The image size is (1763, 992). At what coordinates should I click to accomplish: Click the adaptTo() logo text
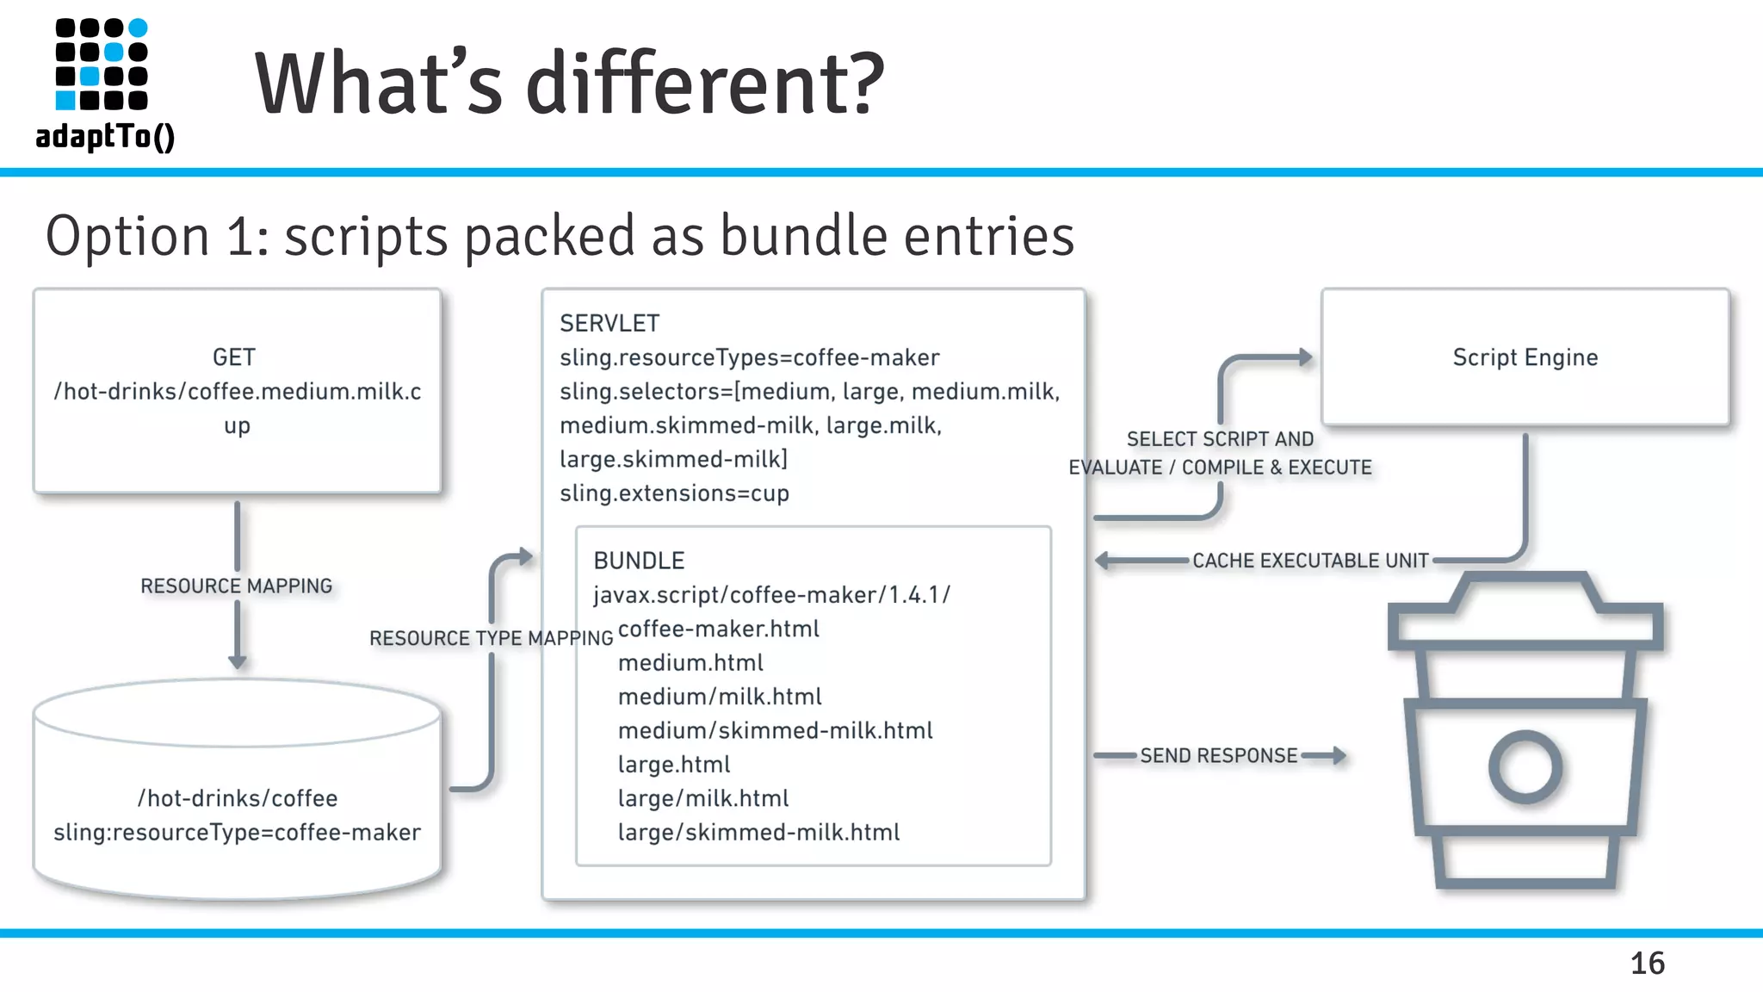click(x=105, y=136)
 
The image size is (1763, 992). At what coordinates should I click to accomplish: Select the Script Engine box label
click(x=1525, y=357)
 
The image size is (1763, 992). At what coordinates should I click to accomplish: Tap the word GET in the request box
click(x=234, y=357)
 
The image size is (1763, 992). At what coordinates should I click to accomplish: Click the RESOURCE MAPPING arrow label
click(x=236, y=586)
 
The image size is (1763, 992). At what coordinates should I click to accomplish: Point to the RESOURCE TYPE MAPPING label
click(x=491, y=638)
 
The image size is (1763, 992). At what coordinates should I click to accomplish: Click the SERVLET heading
click(x=609, y=324)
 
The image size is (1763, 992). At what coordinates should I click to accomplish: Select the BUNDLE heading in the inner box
click(x=639, y=561)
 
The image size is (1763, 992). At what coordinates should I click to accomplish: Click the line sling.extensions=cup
click(x=674, y=493)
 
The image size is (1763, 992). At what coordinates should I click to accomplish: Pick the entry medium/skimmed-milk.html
click(x=775, y=731)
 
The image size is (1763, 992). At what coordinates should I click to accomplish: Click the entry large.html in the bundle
click(x=673, y=765)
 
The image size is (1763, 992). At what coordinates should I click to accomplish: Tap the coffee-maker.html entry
click(x=718, y=629)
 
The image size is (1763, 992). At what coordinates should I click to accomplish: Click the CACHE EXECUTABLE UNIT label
click(x=1309, y=561)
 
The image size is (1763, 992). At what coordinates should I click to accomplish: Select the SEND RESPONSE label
click(x=1218, y=756)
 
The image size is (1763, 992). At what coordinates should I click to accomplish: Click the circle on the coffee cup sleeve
click(x=1525, y=766)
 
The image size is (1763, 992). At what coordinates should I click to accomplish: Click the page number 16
click(x=1647, y=963)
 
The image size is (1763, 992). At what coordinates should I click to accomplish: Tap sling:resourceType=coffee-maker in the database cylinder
click(x=237, y=833)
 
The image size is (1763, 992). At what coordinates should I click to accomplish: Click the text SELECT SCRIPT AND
click(x=1220, y=439)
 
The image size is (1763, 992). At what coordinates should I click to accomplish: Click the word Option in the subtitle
click(x=127, y=236)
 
